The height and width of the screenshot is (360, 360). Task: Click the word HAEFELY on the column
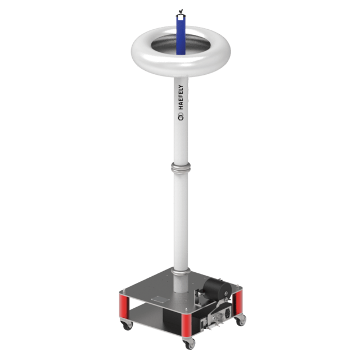[x=181, y=97]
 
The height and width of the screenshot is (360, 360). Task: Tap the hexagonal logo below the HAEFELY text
[x=181, y=117]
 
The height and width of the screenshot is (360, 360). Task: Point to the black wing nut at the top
[x=181, y=11]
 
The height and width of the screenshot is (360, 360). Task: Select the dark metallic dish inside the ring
[x=181, y=44]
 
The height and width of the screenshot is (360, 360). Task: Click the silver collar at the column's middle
[x=181, y=168]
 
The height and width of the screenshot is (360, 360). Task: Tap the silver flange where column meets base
[x=181, y=272]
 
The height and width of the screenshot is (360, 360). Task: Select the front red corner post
[x=186, y=325]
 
